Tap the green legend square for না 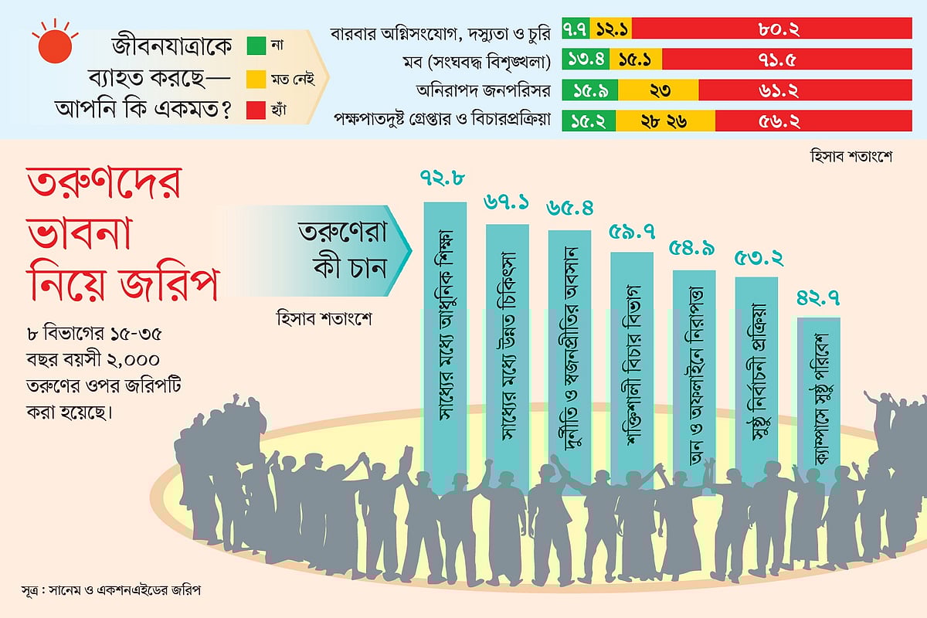pos(256,45)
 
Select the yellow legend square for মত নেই pos(256,77)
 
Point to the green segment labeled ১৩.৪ pos(586,59)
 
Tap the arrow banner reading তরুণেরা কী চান pos(340,252)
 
